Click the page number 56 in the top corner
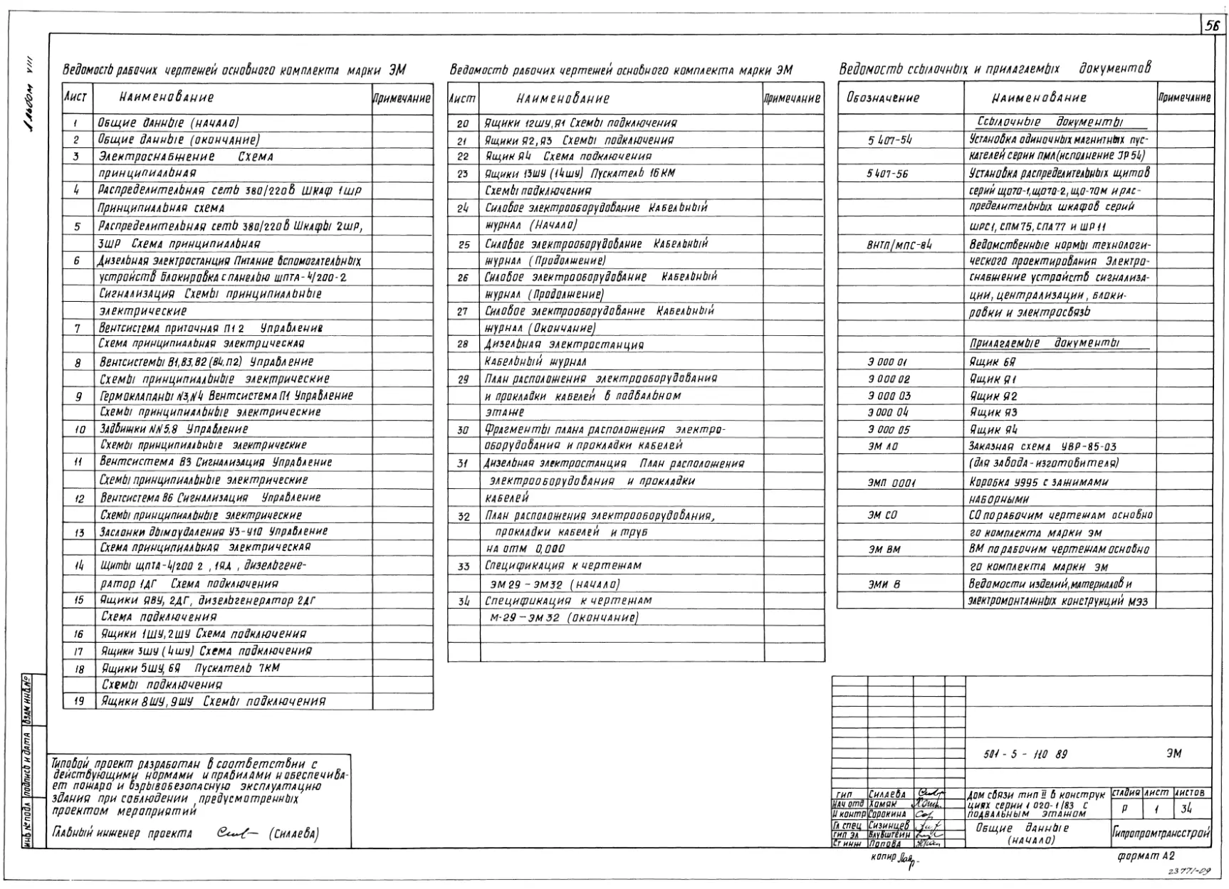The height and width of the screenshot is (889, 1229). click(x=1211, y=26)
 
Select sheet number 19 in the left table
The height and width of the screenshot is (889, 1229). click(x=79, y=702)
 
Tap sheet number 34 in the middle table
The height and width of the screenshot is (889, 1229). click(x=464, y=601)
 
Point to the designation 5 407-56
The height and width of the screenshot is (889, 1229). click(x=887, y=174)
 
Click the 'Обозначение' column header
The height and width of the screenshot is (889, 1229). click(x=883, y=98)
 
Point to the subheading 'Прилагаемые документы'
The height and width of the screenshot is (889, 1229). click(x=1044, y=343)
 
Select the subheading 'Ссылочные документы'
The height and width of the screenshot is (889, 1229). click(x=1050, y=122)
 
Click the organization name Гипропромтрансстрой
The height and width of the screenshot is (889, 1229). click(x=1161, y=833)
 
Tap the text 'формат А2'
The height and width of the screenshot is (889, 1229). click(x=1146, y=856)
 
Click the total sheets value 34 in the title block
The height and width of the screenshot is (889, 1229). click(x=1186, y=809)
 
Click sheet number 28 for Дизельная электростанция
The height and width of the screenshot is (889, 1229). click(x=464, y=344)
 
